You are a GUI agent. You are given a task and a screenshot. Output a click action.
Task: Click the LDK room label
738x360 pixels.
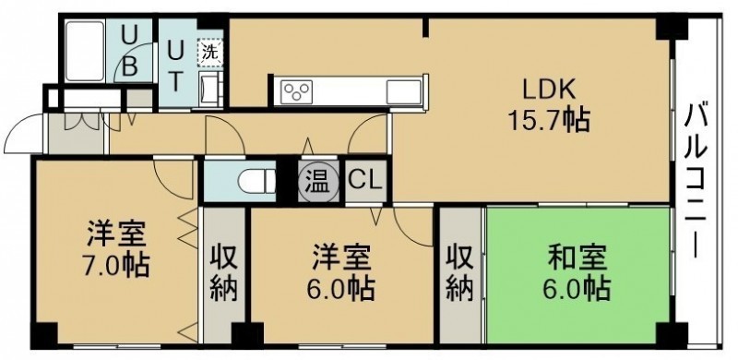[x=549, y=88]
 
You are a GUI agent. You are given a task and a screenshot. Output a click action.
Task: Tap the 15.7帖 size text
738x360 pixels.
[x=549, y=122]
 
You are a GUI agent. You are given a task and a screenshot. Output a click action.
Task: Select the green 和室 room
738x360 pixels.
[x=578, y=275]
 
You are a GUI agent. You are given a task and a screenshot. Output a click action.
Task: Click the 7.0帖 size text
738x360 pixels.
[x=117, y=265]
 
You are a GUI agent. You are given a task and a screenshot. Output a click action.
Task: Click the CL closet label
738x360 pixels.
[x=364, y=182]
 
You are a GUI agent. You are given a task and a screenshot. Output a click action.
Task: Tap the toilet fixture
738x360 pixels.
[x=256, y=182]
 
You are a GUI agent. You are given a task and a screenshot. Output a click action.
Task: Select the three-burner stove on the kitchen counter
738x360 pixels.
[x=296, y=90]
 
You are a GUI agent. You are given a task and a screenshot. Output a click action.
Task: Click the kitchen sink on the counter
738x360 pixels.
[x=403, y=91]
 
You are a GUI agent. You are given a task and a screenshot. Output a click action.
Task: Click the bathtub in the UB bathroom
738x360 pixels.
[x=85, y=51]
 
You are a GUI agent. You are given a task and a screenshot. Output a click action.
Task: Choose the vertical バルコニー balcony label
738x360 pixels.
[x=696, y=182]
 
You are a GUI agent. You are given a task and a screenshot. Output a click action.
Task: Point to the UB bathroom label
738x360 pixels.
[x=129, y=51]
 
